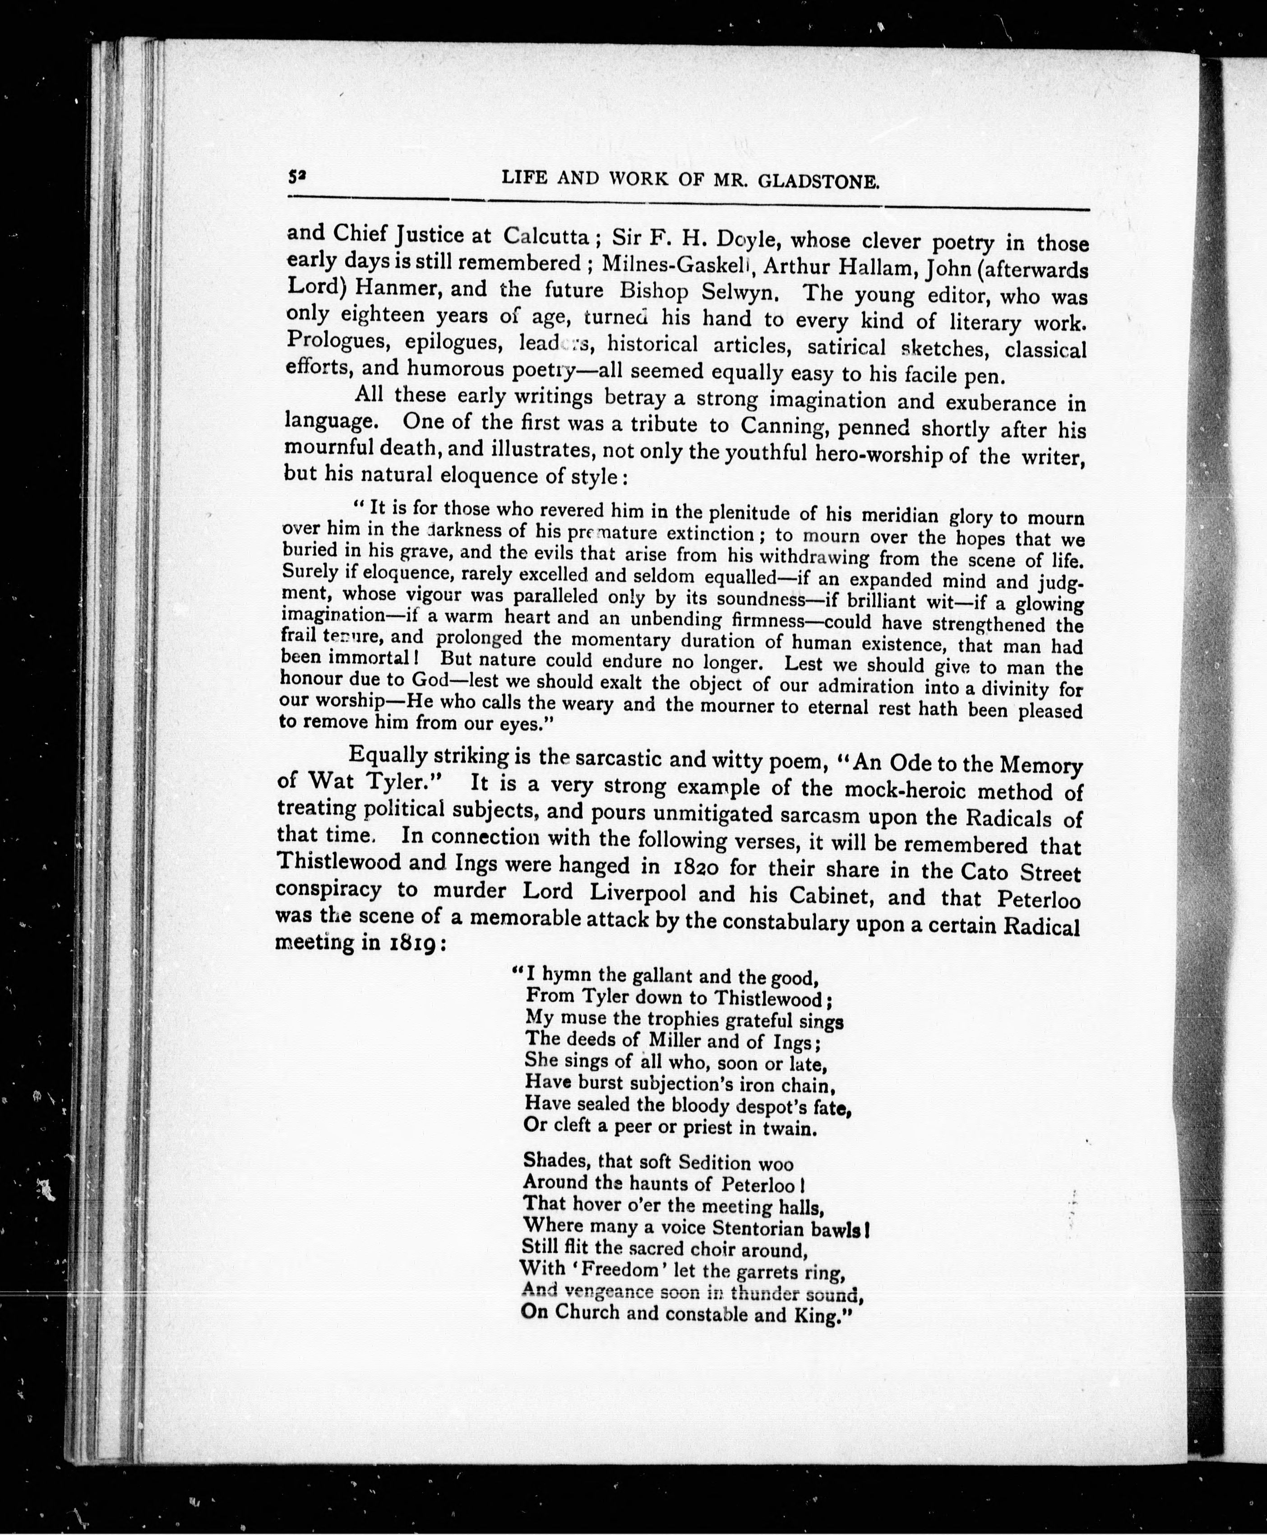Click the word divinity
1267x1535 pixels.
(x=1014, y=688)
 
